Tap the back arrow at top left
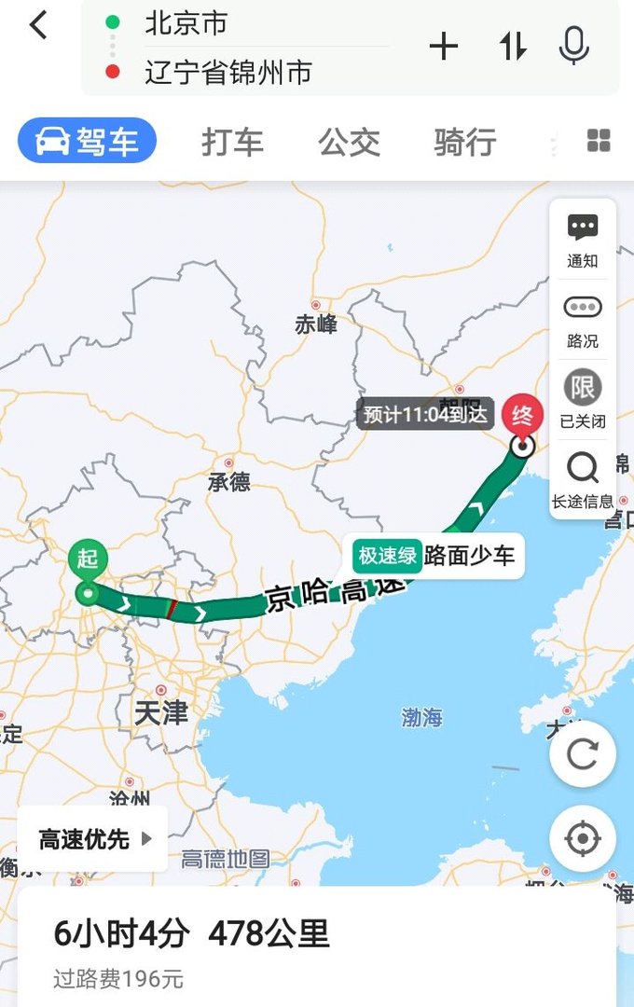(38, 25)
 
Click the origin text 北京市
(186, 23)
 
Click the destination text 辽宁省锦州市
(227, 72)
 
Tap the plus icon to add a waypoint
(444, 47)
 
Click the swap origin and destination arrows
(513, 47)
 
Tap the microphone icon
(573, 46)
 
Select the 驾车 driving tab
(88, 142)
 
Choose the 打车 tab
(232, 143)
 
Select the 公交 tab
(350, 143)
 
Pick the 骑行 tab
(464, 143)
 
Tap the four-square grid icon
(599, 141)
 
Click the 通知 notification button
(583, 240)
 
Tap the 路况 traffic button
(583, 320)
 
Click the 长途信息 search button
(583, 479)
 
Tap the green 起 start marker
(88, 559)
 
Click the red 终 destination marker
(523, 412)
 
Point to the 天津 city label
(161, 713)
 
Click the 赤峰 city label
(316, 324)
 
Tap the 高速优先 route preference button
(93, 839)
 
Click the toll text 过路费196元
(118, 979)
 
